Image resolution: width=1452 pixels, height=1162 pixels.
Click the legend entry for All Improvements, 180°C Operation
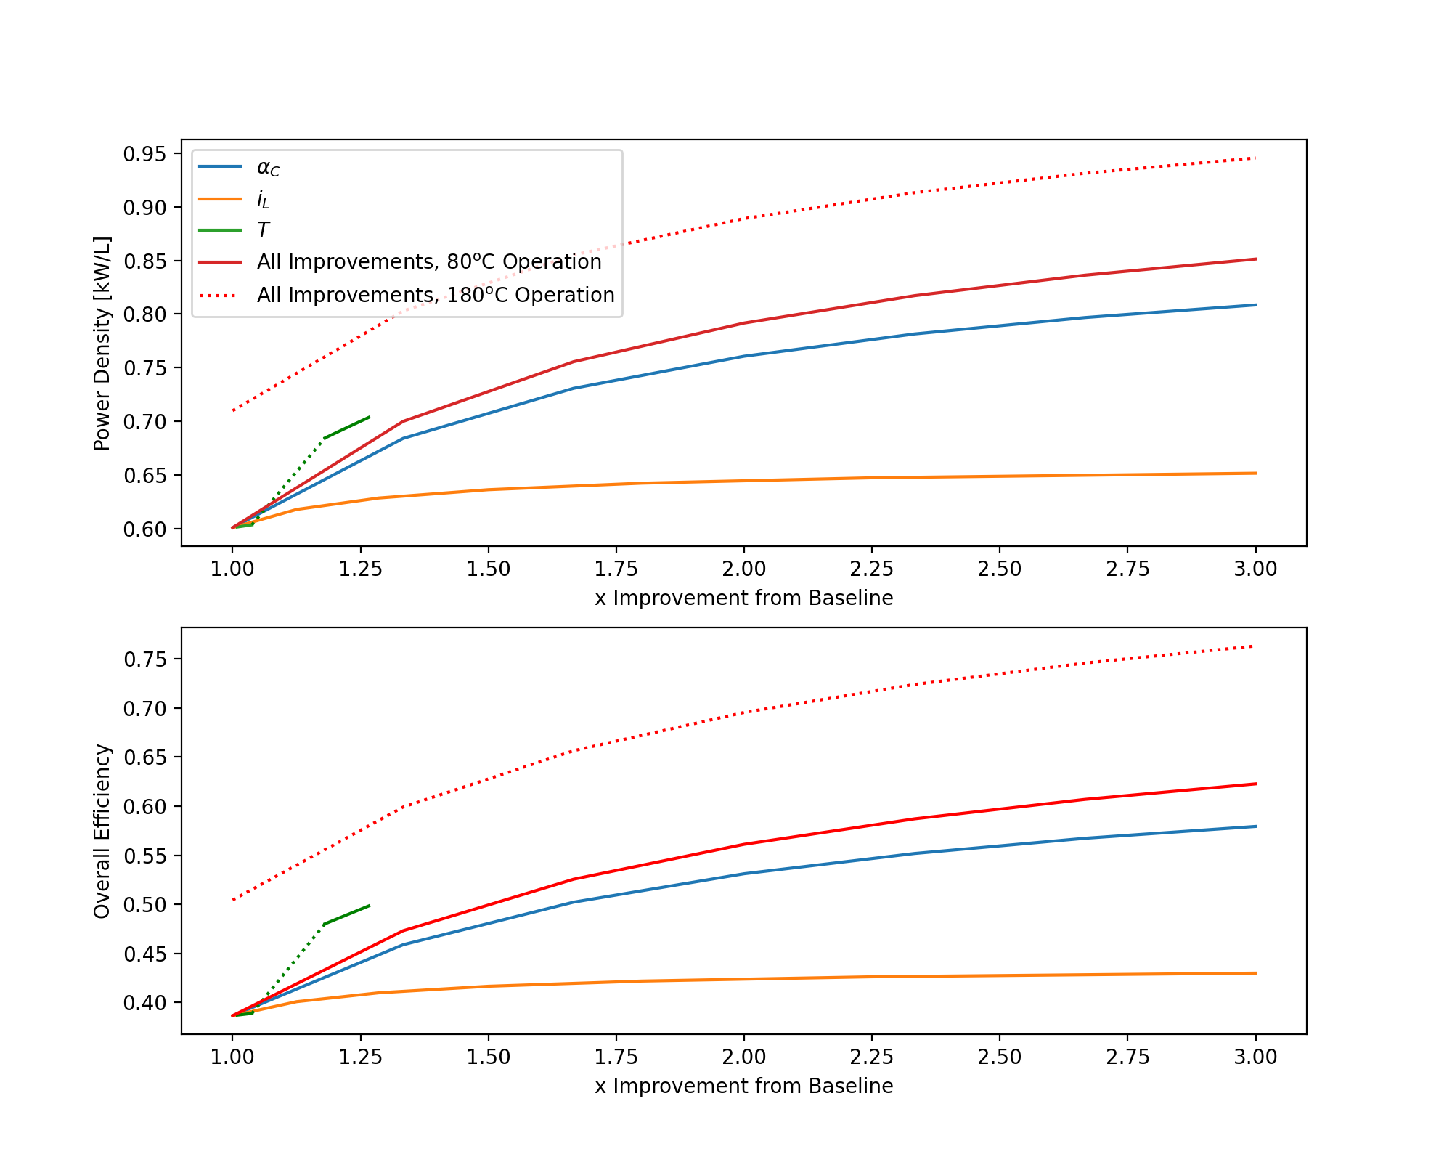(435, 296)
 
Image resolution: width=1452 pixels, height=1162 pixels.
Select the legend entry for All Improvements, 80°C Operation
(428, 262)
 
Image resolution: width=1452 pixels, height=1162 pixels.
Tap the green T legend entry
(263, 230)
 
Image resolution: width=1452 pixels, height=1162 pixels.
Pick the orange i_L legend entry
(263, 199)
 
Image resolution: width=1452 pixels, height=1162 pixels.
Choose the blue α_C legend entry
(268, 168)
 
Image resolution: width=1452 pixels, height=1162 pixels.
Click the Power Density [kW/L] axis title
(102, 343)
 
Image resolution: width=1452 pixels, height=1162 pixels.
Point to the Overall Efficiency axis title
(102, 831)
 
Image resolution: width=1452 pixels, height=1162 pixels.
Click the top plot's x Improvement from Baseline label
(743, 598)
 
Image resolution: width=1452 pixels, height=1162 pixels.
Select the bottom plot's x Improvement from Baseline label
(743, 1086)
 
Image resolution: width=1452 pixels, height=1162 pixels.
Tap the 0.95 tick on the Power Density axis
(144, 154)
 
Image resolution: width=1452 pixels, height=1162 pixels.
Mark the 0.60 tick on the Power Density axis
(144, 529)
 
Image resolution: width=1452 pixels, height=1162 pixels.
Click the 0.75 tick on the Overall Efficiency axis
(144, 659)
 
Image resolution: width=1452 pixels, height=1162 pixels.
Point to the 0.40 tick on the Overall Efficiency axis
(144, 1002)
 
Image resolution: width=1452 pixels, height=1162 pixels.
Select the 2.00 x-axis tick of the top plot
(743, 569)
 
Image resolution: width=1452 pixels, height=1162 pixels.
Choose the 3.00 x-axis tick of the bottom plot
(1255, 1057)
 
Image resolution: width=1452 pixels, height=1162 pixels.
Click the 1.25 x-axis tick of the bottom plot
(360, 1057)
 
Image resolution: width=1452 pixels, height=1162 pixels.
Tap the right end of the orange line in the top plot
(1255, 474)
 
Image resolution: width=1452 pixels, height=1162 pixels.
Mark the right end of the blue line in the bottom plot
(1255, 826)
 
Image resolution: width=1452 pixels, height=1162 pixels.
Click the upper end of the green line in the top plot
(370, 417)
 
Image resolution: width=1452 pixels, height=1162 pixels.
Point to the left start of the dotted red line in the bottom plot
(233, 900)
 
